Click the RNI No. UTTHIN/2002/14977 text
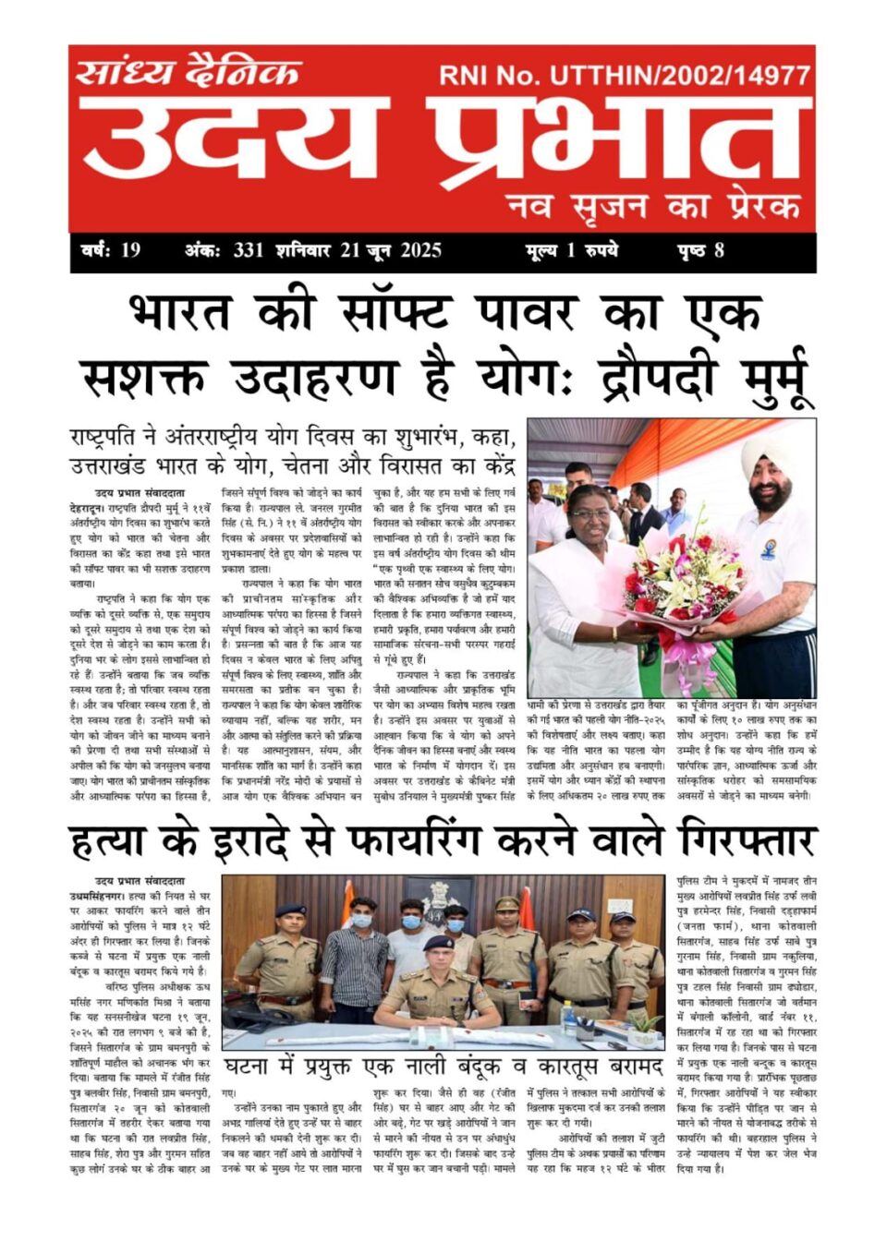(x=625, y=76)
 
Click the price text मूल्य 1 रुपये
(x=571, y=250)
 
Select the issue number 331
(x=249, y=250)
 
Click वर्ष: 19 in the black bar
(x=110, y=250)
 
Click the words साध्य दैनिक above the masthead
(x=188, y=71)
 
